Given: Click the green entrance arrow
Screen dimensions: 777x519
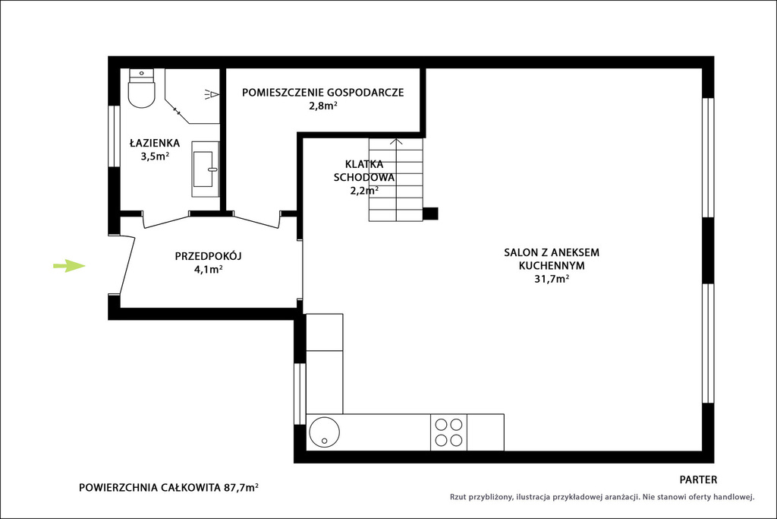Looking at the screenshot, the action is point(69,266).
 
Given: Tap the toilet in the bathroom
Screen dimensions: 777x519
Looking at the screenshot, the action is point(142,88).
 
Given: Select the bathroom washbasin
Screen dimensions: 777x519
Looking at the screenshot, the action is point(206,169).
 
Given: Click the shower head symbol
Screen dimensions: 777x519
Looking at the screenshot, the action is point(211,94).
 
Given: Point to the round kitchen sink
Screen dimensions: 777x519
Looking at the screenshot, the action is point(325,432).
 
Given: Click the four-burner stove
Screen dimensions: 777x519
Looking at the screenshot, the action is point(448,432).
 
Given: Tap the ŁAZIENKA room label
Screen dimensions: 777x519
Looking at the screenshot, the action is point(155,143).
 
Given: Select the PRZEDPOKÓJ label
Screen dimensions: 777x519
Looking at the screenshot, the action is point(208,256).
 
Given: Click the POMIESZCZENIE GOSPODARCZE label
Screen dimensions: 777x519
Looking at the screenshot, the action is point(322,92).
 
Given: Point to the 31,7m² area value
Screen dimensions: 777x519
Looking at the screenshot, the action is point(552,278).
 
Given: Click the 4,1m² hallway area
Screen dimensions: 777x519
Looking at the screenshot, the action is point(208,270).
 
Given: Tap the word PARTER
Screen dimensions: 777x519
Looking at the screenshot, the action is point(698,479).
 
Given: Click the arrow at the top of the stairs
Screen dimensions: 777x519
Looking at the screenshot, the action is point(396,142).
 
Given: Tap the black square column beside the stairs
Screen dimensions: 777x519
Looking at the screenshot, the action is point(430,214).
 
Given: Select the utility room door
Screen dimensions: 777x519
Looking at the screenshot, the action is point(256,221).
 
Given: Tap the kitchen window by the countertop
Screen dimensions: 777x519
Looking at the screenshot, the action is point(299,394).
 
